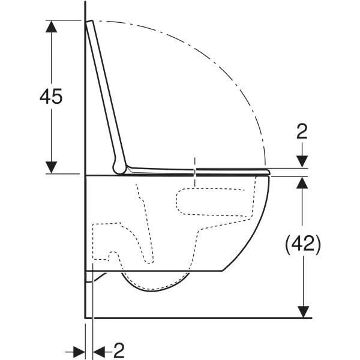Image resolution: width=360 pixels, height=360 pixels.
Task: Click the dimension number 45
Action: coord(51,96)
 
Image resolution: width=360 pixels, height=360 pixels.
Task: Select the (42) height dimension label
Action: coord(302,244)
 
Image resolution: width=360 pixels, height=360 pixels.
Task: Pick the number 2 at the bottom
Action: coord(119,350)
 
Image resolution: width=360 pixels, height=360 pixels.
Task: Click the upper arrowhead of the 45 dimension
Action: coord(51,26)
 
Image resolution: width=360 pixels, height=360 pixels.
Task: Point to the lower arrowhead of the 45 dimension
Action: coord(51,167)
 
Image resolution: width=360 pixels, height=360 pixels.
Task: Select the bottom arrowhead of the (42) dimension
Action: coord(303,312)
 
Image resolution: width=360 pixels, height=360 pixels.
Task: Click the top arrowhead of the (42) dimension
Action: coord(302,183)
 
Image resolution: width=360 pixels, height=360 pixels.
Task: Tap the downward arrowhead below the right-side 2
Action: coord(302,161)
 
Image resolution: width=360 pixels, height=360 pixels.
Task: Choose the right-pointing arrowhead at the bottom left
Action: coord(79,352)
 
